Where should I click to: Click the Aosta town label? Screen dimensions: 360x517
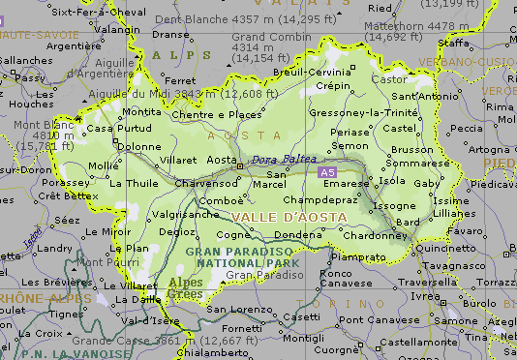click(x=223, y=159)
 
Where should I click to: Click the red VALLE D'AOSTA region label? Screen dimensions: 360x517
click(x=289, y=217)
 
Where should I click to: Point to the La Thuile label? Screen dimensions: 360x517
click(x=133, y=182)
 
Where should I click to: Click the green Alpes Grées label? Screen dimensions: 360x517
click(x=187, y=288)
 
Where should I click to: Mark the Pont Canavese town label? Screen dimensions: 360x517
click(x=378, y=319)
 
